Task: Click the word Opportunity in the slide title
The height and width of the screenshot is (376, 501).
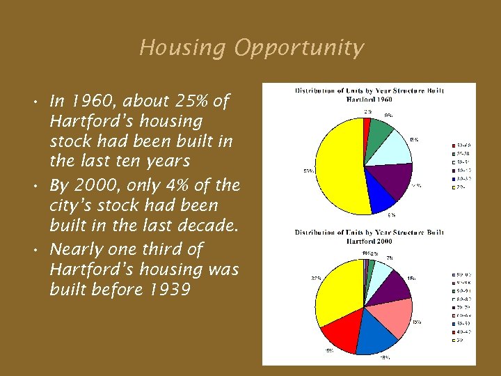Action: (x=299, y=48)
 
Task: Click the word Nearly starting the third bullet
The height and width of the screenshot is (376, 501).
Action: (x=79, y=249)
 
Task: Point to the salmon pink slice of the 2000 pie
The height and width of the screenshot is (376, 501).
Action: (x=397, y=316)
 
